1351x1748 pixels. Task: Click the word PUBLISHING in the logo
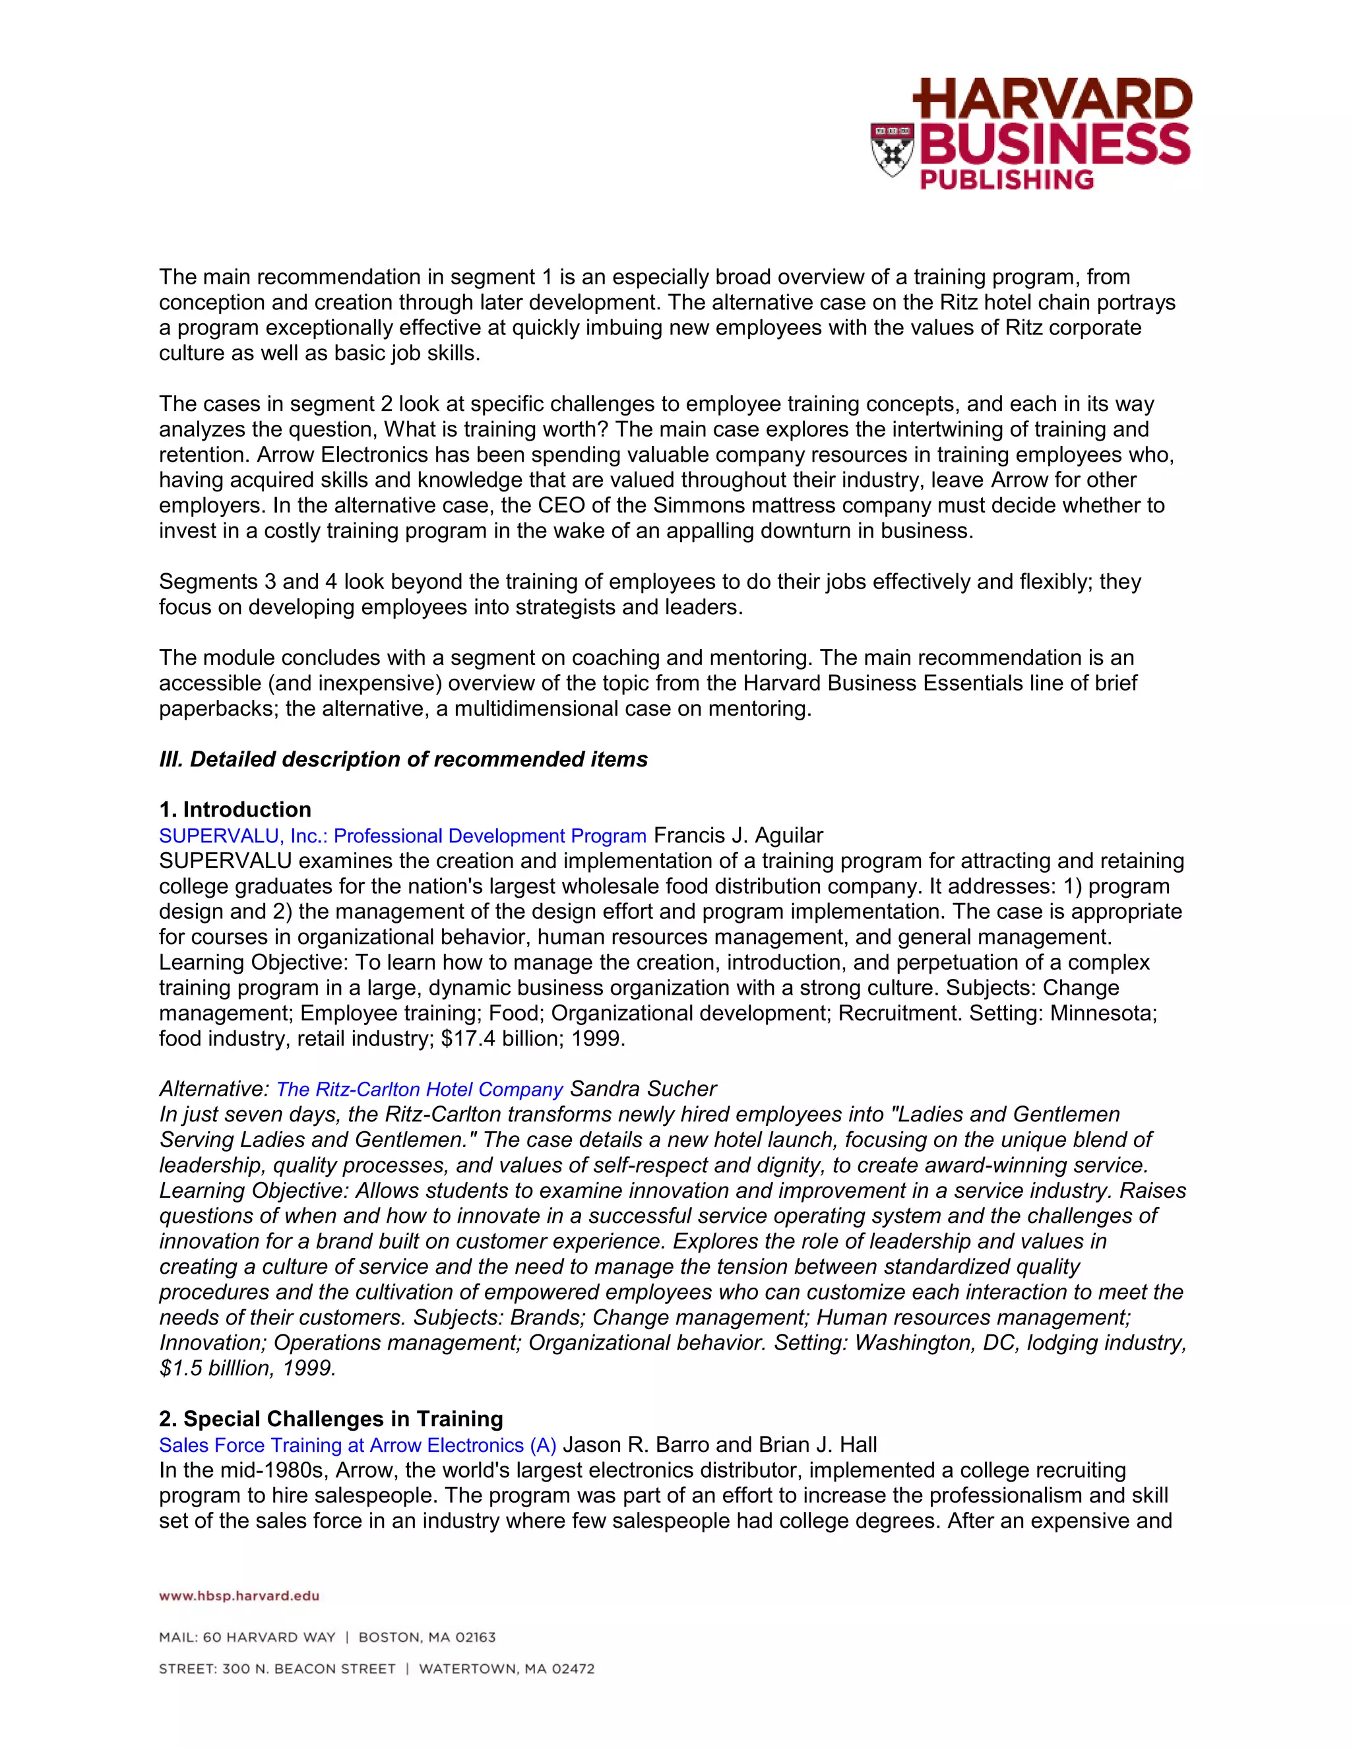point(1006,179)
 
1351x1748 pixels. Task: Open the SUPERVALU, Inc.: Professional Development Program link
point(402,836)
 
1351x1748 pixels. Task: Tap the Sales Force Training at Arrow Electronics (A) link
point(357,1445)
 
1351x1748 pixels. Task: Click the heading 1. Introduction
point(236,810)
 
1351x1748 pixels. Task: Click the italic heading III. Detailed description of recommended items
point(403,759)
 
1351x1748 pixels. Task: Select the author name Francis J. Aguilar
point(738,836)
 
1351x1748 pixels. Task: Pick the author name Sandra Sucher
point(643,1089)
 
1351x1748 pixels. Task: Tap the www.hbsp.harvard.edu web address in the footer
point(239,1596)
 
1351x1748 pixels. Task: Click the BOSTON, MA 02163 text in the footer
point(427,1638)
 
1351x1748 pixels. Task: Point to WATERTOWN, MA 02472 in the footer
point(507,1670)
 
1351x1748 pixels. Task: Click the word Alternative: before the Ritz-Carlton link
point(214,1089)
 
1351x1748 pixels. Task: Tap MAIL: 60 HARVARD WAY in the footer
point(247,1638)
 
